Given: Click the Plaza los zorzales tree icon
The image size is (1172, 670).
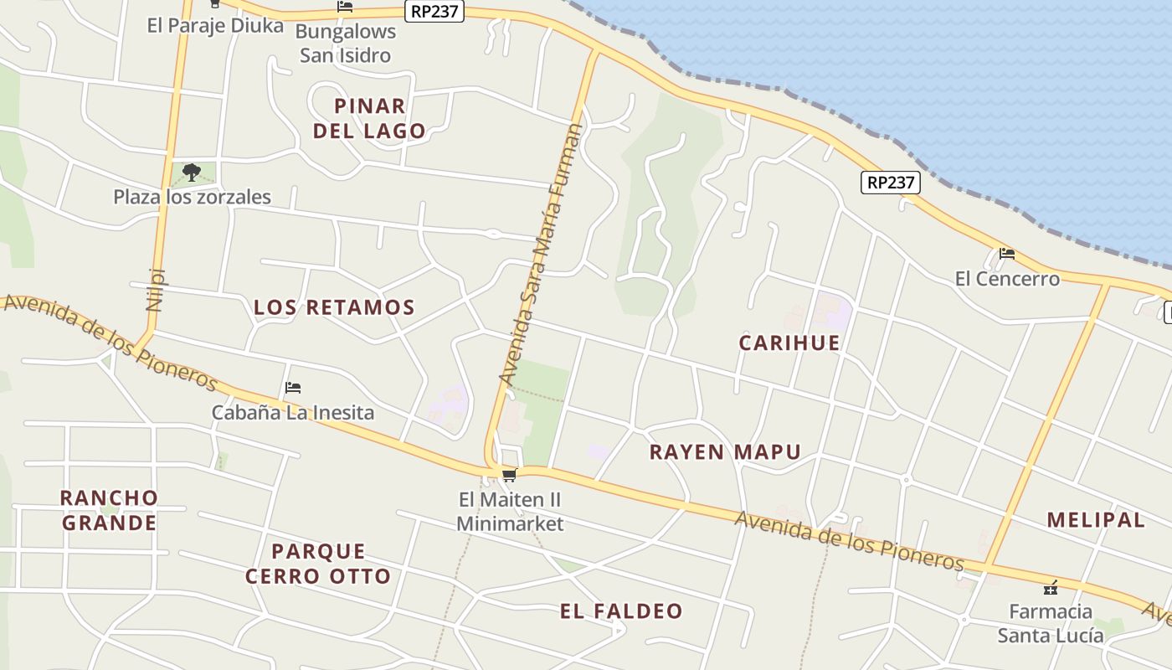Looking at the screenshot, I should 192,173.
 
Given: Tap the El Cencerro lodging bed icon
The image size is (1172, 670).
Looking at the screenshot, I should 1007,254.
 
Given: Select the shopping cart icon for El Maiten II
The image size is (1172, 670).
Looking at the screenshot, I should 509,476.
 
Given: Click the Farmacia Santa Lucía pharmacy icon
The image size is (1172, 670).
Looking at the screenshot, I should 1051,588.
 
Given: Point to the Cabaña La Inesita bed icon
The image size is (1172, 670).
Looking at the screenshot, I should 292,388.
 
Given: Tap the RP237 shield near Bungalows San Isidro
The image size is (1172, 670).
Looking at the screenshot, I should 434,11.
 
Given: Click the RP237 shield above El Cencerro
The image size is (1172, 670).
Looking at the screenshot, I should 891,182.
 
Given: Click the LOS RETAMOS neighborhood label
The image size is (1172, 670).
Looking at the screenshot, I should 334,307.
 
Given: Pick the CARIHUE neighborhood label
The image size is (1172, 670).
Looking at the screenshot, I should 789,343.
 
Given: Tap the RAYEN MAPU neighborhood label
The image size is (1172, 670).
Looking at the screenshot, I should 725,452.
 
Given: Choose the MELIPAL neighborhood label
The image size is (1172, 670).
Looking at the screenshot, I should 1096,519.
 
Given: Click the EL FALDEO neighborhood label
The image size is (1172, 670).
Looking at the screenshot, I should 621,611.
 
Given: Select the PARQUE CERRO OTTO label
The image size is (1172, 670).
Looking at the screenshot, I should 318,564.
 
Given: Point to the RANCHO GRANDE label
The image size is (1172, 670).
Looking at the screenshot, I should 109,510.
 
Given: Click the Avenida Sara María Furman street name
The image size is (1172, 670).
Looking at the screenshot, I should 540,255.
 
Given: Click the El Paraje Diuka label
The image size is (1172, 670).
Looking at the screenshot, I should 215,25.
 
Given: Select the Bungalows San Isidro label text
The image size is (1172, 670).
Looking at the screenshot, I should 345,44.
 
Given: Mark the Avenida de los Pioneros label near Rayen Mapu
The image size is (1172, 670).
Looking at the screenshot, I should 849,540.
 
